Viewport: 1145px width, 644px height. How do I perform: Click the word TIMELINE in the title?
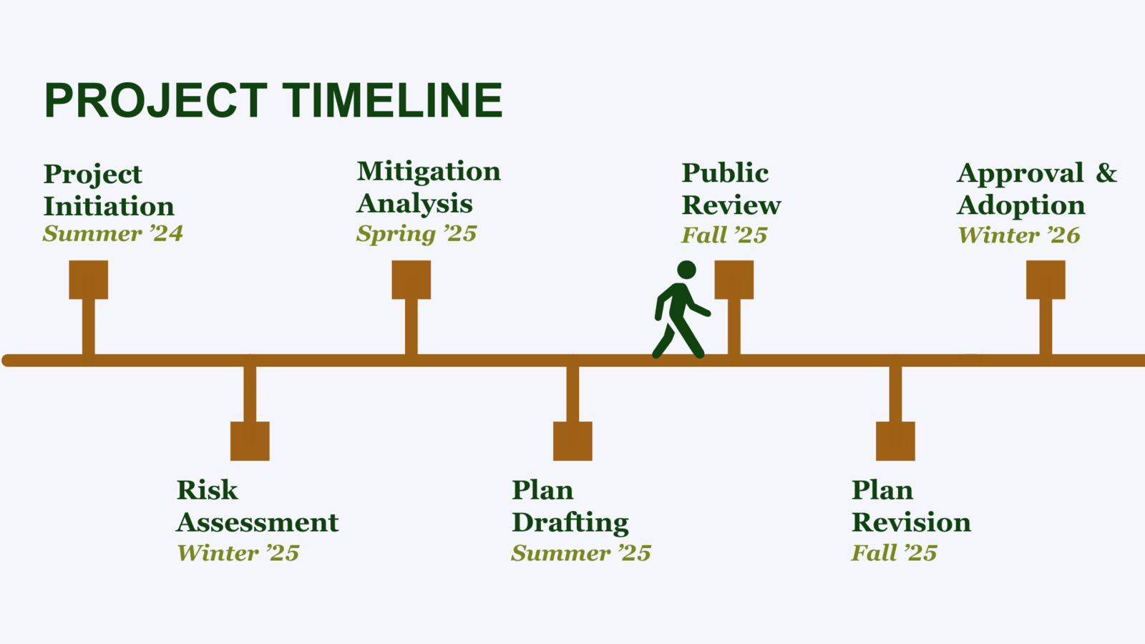click(392, 100)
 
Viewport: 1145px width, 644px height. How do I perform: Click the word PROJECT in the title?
click(155, 100)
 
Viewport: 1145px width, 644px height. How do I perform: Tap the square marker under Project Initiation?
click(89, 280)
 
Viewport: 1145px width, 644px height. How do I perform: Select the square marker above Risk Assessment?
click(250, 441)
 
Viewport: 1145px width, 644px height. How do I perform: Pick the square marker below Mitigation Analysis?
click(411, 280)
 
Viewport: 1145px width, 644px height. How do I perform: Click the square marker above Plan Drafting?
click(572, 441)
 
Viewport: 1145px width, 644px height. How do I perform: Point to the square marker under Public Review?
click(734, 280)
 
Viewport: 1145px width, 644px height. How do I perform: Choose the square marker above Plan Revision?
click(895, 441)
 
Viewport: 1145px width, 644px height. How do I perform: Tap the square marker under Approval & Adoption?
click(1046, 280)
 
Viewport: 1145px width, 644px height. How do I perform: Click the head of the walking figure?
click(686, 270)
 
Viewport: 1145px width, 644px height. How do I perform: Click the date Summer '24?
click(113, 234)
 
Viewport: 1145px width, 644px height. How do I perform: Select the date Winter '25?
click(238, 553)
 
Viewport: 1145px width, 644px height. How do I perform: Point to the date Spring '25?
click(416, 234)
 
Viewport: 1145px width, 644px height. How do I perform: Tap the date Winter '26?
click(1019, 235)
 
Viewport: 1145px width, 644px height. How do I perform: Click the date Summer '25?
click(581, 553)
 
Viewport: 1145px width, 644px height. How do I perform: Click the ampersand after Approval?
click(1106, 173)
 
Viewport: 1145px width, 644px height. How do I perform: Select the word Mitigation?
click(429, 172)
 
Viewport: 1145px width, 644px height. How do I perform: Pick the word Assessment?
click(258, 522)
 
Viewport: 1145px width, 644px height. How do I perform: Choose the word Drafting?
click(570, 522)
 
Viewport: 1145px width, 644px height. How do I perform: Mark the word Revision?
click(911, 522)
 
